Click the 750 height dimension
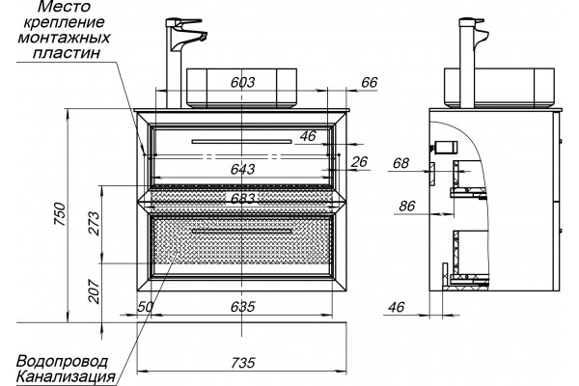click(x=60, y=214)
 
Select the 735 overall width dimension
click(x=243, y=363)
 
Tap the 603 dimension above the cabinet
click(x=242, y=82)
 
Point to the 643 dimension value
click(x=242, y=169)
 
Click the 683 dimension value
click(x=242, y=199)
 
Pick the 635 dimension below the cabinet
click(x=242, y=306)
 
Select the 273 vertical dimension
click(x=95, y=223)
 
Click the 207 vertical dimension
click(x=95, y=291)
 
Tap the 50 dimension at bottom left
click(x=146, y=306)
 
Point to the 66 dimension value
click(x=370, y=82)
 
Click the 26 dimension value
click(x=359, y=161)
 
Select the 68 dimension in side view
click(x=401, y=162)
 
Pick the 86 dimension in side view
click(x=407, y=206)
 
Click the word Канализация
click(x=66, y=376)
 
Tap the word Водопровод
click(x=63, y=361)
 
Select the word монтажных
click(x=64, y=38)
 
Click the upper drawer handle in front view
click(x=242, y=141)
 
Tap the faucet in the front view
click(x=181, y=63)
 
